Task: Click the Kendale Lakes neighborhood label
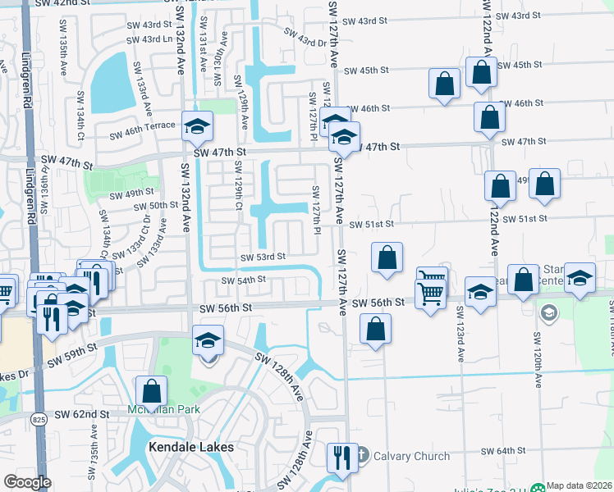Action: click(x=190, y=447)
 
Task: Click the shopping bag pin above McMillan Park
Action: click(x=152, y=390)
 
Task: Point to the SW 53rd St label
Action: click(x=263, y=257)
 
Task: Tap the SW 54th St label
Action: click(x=244, y=280)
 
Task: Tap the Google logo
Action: click(x=27, y=482)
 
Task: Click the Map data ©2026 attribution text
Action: click(x=580, y=485)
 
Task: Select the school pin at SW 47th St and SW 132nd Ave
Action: click(x=197, y=125)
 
